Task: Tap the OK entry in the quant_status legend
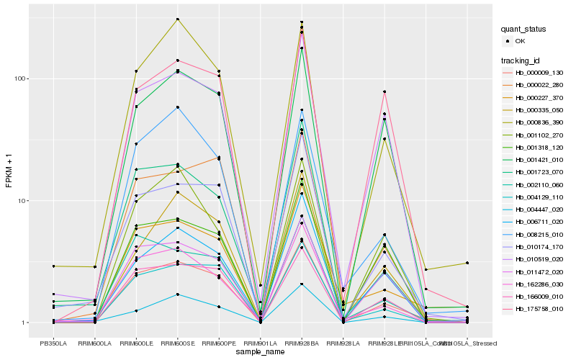(x=519, y=41)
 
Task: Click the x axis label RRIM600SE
(x=177, y=343)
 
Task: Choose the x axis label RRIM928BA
(x=302, y=343)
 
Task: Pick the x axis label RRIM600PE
(x=219, y=343)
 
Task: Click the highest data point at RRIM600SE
(x=177, y=19)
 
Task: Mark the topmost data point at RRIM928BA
(x=302, y=22)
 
